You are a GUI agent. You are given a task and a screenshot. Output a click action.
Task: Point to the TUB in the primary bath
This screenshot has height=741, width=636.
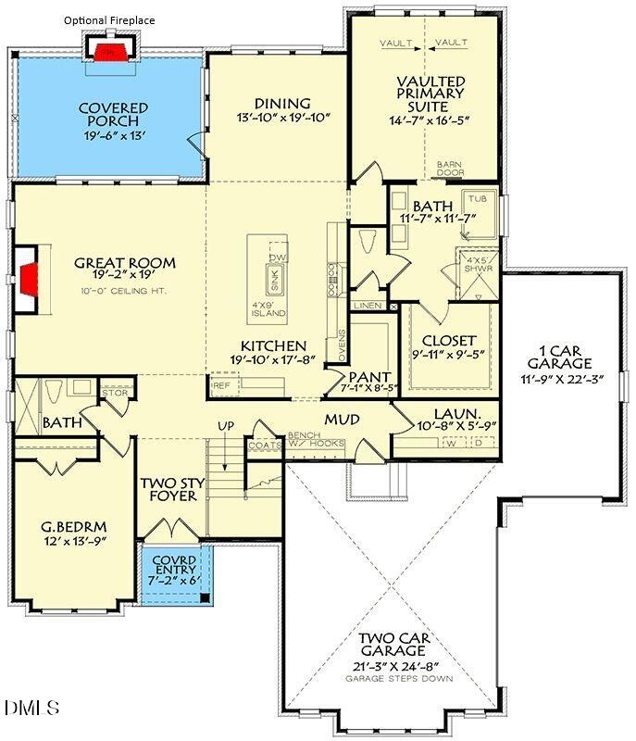[x=477, y=199]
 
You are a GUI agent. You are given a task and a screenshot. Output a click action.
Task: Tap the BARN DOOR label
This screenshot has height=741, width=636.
[x=451, y=169]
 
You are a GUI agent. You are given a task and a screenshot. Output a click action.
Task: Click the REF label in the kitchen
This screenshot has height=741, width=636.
[x=222, y=384]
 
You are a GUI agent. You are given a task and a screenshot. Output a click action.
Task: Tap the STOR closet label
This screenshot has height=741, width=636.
[x=115, y=394]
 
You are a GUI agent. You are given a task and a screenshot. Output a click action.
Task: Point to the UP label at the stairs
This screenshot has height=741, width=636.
[x=224, y=425]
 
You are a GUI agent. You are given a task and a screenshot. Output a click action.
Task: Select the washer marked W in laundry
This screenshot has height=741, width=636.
[x=452, y=443]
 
